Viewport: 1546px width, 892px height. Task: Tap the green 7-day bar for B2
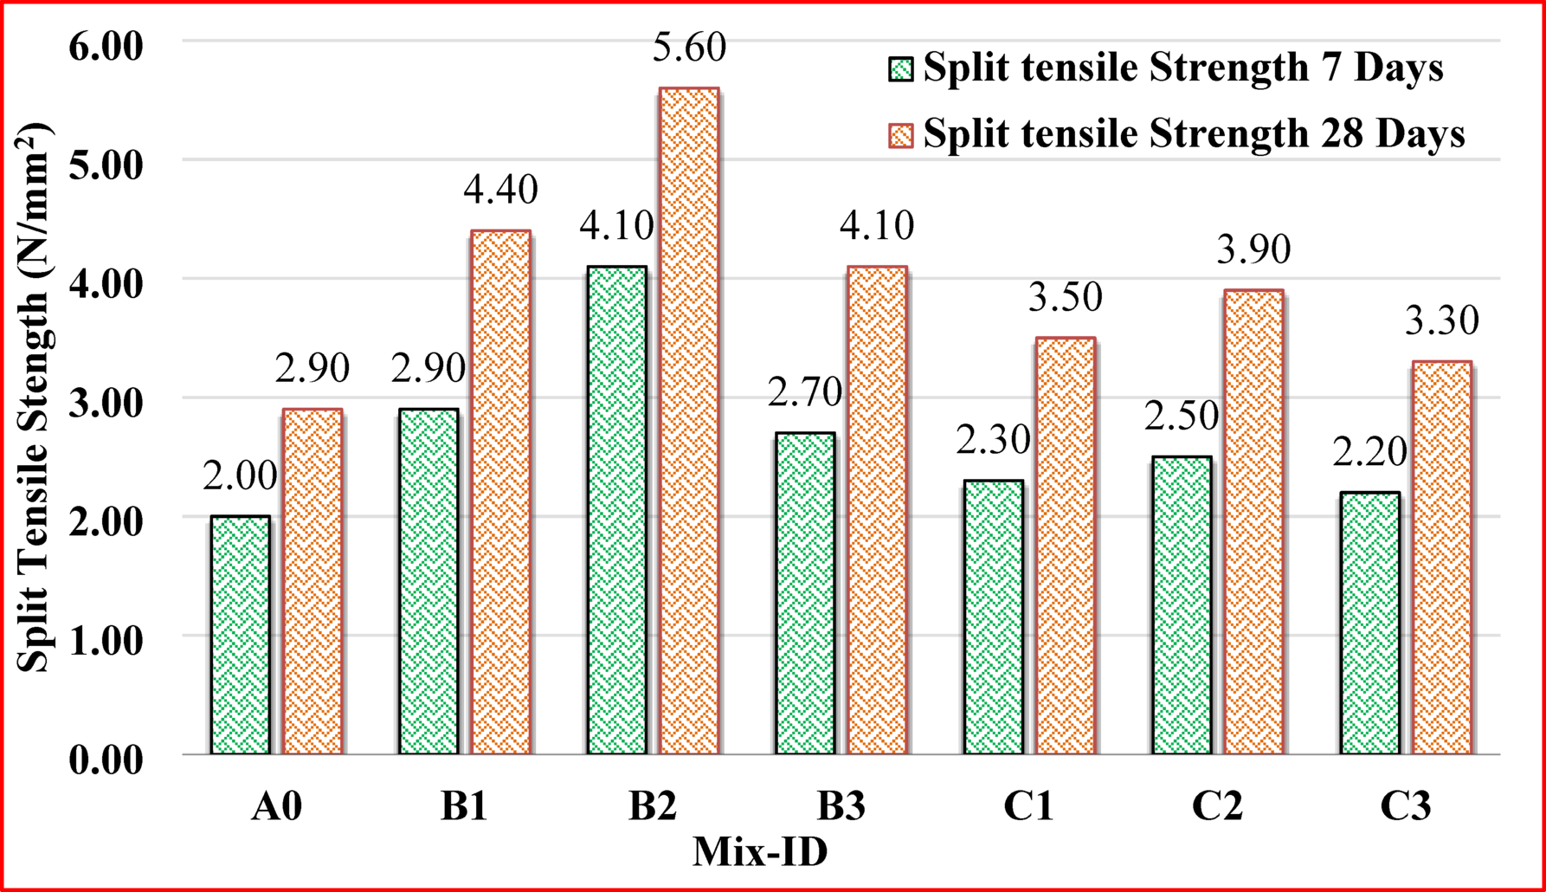[x=617, y=510]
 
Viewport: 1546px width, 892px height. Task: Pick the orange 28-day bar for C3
[x=1442, y=558]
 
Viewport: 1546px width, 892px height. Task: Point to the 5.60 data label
[x=689, y=48]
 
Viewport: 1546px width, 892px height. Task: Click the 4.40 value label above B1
[x=500, y=191]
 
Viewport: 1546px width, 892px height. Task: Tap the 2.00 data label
[x=240, y=476]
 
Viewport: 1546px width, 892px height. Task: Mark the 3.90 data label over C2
[x=1253, y=250]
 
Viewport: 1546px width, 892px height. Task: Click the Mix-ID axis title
[x=760, y=852]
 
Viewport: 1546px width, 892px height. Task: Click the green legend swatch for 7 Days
[x=901, y=69]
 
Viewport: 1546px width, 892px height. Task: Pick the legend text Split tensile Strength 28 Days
[x=1194, y=135]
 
